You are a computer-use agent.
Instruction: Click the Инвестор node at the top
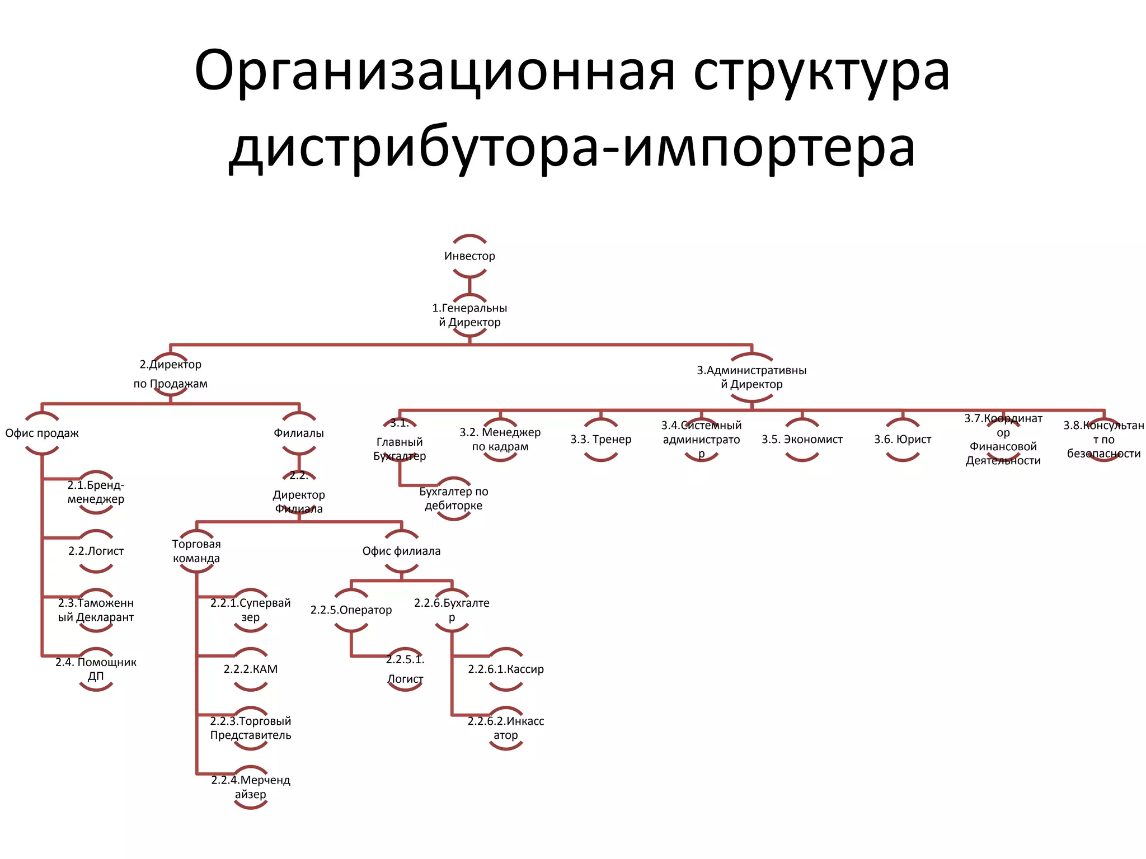pos(469,256)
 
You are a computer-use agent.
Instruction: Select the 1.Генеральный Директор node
pos(469,315)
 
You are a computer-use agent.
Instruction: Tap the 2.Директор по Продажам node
pos(170,374)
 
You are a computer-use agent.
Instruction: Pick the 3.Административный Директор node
pos(752,377)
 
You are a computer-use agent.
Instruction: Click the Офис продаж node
pos(42,433)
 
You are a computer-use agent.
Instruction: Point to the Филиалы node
pos(299,433)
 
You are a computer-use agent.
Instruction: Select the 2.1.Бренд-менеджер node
pos(96,492)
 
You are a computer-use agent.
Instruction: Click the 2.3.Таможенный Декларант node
pos(96,610)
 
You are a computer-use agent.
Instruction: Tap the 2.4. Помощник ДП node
pos(96,669)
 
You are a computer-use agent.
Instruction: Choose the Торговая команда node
pos(196,551)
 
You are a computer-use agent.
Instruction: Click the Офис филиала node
pos(401,551)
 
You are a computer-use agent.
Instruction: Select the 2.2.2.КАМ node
pos(251,669)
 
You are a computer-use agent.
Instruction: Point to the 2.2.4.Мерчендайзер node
pos(251,787)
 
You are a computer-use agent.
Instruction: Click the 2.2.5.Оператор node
pos(351,610)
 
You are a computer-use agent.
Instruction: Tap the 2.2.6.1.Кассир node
pos(506,669)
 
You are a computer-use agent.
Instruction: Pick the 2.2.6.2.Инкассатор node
pos(506,728)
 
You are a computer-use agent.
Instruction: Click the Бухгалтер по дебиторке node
pos(453,498)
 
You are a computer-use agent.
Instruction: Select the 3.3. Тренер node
pos(601,440)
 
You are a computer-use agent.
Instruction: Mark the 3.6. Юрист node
pos(903,440)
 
